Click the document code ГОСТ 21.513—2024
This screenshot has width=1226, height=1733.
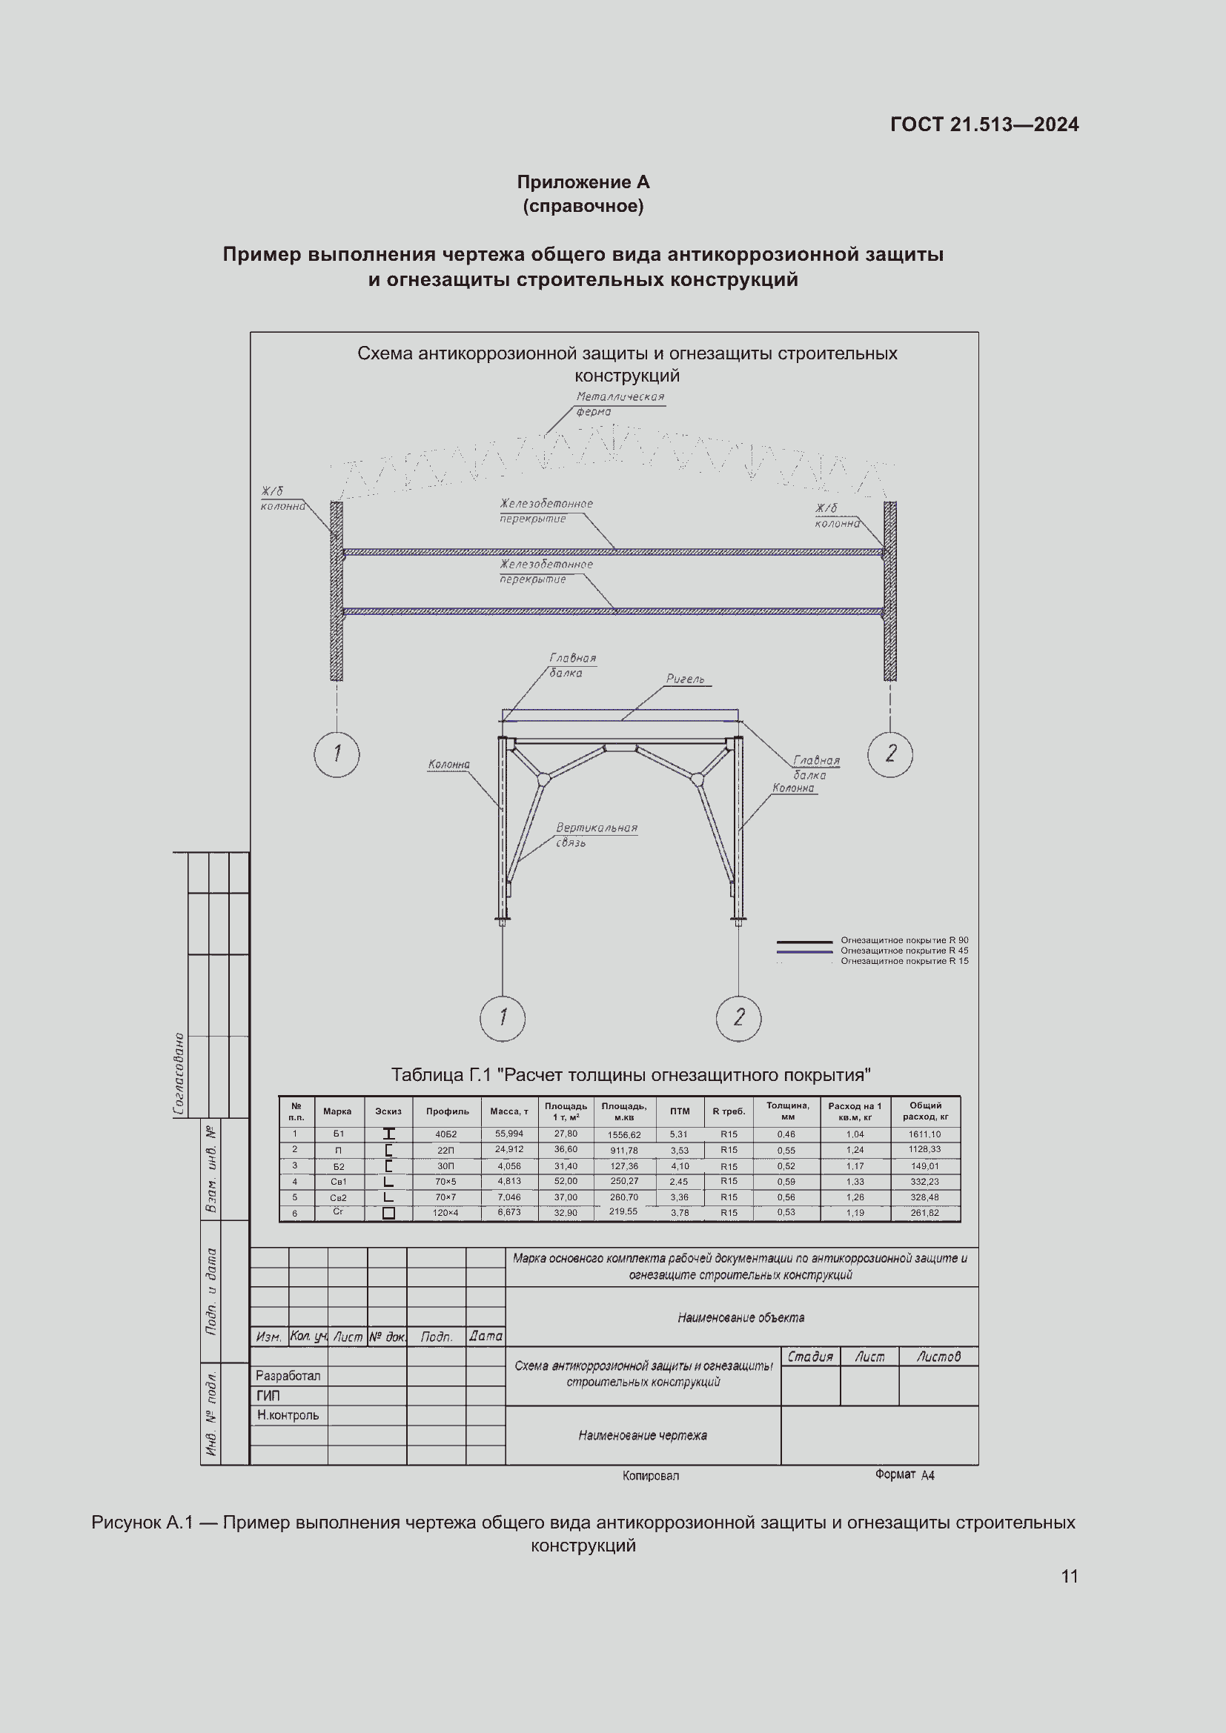(x=984, y=124)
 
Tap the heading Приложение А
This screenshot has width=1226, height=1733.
(x=583, y=182)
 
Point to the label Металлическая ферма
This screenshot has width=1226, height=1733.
(x=619, y=404)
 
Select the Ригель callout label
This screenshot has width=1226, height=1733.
(x=685, y=679)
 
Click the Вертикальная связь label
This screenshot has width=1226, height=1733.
(x=597, y=835)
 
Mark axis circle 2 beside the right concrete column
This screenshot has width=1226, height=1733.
(x=890, y=754)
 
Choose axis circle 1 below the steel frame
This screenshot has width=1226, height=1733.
(x=502, y=1017)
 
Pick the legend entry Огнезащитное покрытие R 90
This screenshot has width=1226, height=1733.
(x=904, y=940)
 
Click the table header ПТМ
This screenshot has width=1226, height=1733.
(x=680, y=1111)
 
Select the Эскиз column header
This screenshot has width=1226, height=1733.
(x=388, y=1111)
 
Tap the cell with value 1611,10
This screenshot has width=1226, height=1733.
(x=925, y=1134)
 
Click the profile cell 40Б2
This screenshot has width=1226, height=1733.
(x=446, y=1134)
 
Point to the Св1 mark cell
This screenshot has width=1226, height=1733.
(x=338, y=1181)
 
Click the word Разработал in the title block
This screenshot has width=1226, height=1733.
(x=288, y=1376)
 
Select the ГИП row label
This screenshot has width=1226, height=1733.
(x=268, y=1396)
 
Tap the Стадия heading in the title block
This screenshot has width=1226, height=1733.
(x=810, y=1357)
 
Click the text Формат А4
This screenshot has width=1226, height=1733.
(x=904, y=1474)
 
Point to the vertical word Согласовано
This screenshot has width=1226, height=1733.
(x=179, y=1074)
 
